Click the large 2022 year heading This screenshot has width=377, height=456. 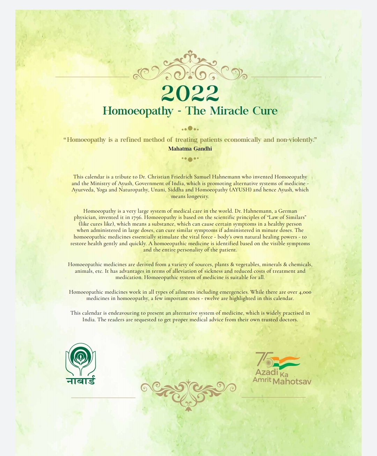click(x=190, y=93)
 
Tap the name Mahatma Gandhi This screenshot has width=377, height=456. click(x=190, y=149)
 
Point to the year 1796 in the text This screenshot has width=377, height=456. click(x=136, y=218)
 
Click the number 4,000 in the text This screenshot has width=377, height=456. click(x=305, y=292)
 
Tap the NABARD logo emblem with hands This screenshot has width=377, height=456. click(x=81, y=359)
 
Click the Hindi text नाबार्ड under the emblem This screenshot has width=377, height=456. click(x=81, y=381)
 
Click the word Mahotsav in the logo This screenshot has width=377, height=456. click(x=291, y=382)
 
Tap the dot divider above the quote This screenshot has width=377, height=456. click(x=190, y=128)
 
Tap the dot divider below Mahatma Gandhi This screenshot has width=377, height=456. click(x=190, y=159)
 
